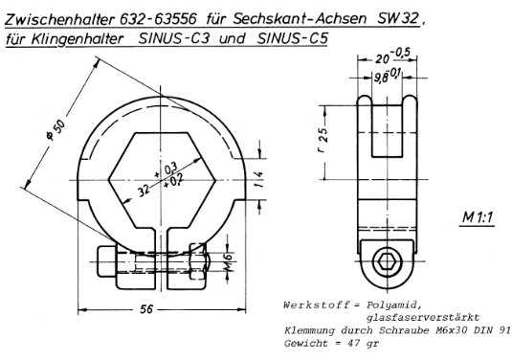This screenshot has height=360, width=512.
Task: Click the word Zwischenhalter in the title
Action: [x=59, y=19]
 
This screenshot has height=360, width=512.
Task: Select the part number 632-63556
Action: [x=159, y=19]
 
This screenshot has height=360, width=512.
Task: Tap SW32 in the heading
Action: [x=398, y=18]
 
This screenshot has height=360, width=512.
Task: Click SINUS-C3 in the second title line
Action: [x=174, y=39]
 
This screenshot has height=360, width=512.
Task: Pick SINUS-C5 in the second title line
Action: [x=292, y=39]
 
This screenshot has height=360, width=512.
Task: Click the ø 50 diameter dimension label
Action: [x=56, y=130]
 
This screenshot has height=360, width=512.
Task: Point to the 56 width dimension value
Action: [x=146, y=309]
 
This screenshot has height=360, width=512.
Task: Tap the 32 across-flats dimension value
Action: [x=144, y=191]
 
